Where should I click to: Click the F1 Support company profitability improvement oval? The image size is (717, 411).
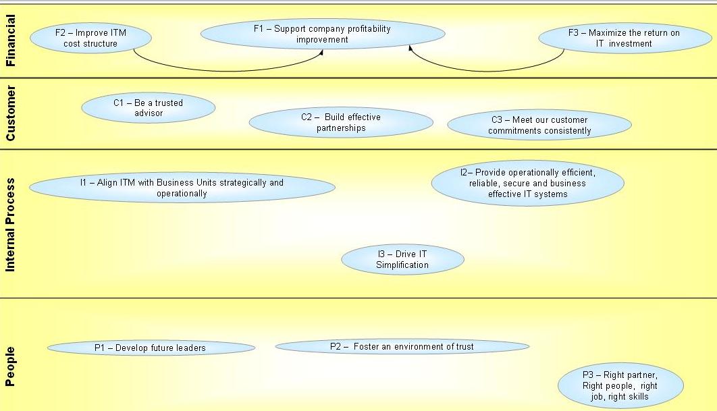[x=323, y=34]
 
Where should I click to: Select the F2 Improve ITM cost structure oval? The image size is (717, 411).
[x=90, y=38]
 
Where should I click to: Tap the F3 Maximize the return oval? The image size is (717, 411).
[x=623, y=38]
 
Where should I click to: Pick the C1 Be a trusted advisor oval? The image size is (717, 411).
[x=148, y=107]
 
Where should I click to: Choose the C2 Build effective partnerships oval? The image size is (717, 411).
[x=340, y=122]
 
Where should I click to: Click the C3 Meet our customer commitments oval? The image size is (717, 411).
[x=539, y=125]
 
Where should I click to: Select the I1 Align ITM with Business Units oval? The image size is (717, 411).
[x=182, y=188]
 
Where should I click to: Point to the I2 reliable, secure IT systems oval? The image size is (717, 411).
[x=527, y=183]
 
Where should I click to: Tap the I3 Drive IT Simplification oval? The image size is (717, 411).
[x=402, y=259]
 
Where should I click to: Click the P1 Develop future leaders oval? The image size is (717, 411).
[x=151, y=348]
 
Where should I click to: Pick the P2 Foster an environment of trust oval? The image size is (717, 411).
[x=402, y=346]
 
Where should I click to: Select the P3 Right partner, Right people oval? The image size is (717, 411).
[x=620, y=385]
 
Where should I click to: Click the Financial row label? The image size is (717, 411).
[x=10, y=40]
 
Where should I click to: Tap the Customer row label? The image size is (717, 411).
[x=10, y=113]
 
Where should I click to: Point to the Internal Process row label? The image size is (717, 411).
[x=10, y=224]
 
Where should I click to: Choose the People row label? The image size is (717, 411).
[x=10, y=366]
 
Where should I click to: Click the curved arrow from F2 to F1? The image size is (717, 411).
[x=230, y=70]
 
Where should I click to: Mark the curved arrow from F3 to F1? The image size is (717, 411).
[x=486, y=70]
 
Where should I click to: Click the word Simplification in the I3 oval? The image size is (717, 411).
[x=402, y=265]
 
